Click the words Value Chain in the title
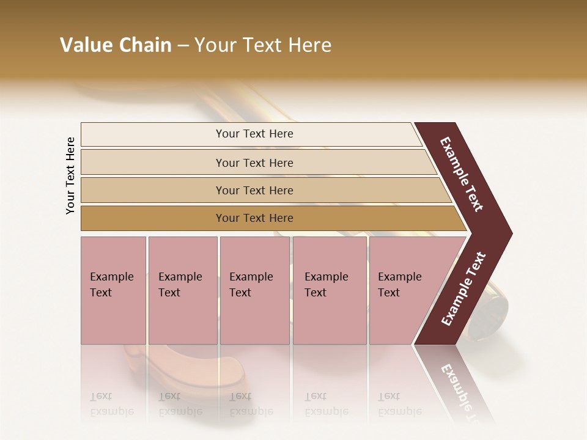116,45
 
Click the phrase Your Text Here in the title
263,45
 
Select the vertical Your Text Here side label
70,175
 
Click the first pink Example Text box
113,290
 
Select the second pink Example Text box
182,290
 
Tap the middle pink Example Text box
254,290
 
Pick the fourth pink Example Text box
330,290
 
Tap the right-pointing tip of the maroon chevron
504,233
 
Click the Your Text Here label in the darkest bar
254,218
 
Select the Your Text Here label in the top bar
254,134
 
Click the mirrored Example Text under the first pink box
111,403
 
